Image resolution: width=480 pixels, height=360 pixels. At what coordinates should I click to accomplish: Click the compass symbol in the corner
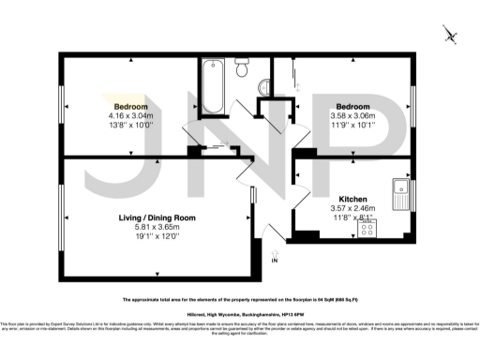(450, 36)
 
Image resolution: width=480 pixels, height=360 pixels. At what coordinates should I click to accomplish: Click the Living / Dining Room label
(156, 217)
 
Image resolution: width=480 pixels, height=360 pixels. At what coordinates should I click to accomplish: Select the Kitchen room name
(354, 199)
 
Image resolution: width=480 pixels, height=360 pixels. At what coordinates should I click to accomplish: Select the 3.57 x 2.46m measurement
(354, 208)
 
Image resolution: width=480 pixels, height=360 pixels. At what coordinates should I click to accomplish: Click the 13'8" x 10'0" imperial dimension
(131, 125)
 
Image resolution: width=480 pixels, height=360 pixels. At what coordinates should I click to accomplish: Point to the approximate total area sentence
(239, 300)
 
